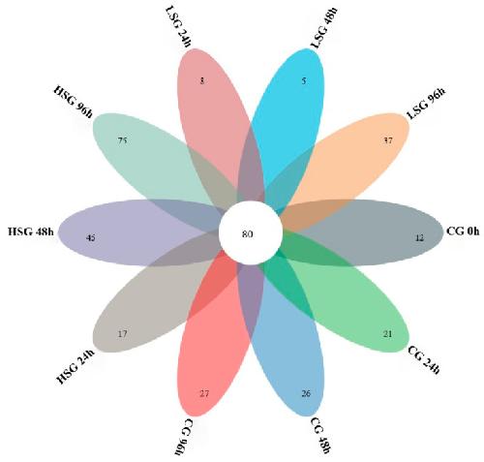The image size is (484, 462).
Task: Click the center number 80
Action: (248, 234)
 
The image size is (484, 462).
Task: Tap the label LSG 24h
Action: (178, 27)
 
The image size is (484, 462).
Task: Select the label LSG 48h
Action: (323, 27)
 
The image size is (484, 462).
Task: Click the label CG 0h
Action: (463, 231)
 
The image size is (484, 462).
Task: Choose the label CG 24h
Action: (424, 359)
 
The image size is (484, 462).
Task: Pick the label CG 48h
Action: (320, 435)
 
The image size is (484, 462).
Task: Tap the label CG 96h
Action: (184, 437)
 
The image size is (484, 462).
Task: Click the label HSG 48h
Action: (31, 231)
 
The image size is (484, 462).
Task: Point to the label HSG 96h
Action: (73, 101)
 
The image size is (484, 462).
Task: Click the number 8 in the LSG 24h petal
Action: (202, 80)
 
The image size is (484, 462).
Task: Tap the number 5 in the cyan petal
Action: (304, 80)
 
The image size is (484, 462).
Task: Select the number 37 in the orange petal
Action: (387, 140)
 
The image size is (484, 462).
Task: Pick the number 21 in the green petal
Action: (387, 333)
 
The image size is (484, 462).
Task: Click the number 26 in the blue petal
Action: (306, 393)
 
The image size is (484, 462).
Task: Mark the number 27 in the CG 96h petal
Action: (204, 393)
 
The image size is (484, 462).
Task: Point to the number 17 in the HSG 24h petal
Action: (122, 333)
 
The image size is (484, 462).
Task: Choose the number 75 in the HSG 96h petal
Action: (122, 140)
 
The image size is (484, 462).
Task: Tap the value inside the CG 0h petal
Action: (419, 238)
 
